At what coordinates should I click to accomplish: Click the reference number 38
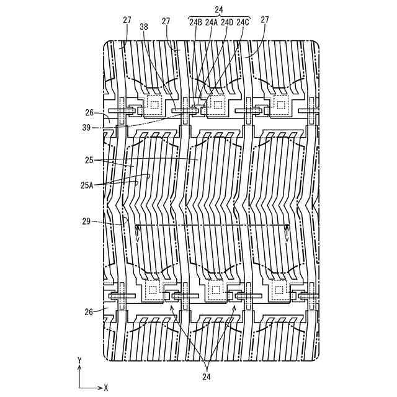tap(143, 27)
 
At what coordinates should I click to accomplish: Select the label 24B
tap(195, 22)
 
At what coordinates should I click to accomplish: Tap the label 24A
tap(212, 22)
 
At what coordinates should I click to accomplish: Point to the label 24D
tap(227, 22)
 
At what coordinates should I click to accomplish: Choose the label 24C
tap(243, 22)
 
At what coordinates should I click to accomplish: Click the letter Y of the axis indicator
tap(79, 360)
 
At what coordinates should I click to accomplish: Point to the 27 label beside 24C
tap(265, 20)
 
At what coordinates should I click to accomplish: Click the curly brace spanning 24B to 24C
tap(218, 16)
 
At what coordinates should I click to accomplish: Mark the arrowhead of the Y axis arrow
tap(79, 367)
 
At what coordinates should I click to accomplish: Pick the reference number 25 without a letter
tap(89, 160)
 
